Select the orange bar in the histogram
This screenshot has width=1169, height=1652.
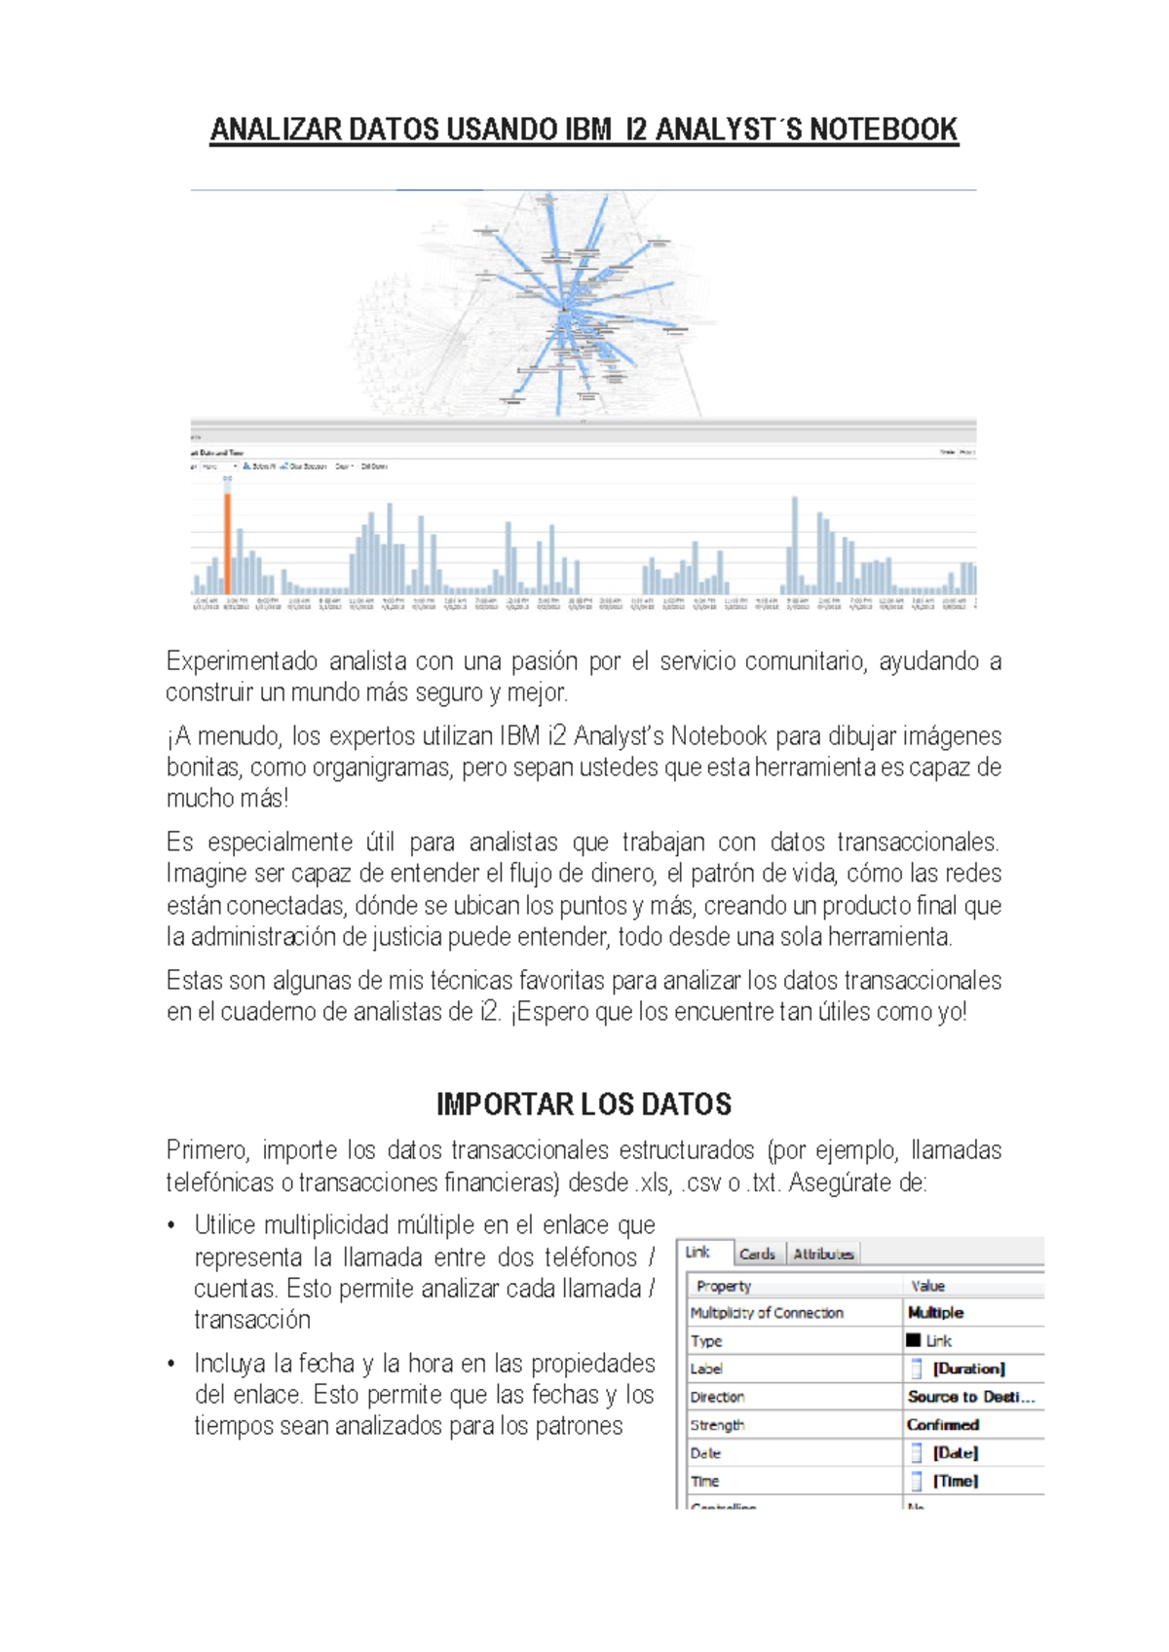point(228,544)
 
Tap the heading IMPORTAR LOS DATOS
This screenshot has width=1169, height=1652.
point(584,1105)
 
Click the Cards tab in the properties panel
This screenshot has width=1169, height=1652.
point(757,1254)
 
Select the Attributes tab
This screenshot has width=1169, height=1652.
point(823,1254)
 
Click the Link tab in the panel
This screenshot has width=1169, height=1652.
point(698,1252)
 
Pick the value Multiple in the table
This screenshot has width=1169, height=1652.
point(935,1312)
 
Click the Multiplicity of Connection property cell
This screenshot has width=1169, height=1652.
point(767,1313)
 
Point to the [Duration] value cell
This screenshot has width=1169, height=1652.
point(968,1369)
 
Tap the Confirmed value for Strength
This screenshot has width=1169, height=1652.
point(943,1424)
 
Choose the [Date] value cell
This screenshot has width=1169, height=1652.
point(955,1452)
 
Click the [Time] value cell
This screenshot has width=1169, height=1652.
point(955,1481)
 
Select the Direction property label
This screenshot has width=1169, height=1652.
point(717,1397)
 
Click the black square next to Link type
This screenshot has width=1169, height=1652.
point(913,1340)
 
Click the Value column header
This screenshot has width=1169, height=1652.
point(927,1286)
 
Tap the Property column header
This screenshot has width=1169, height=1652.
point(724,1286)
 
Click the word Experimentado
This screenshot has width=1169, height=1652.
point(242,661)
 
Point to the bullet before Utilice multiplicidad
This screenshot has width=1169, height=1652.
point(171,1225)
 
